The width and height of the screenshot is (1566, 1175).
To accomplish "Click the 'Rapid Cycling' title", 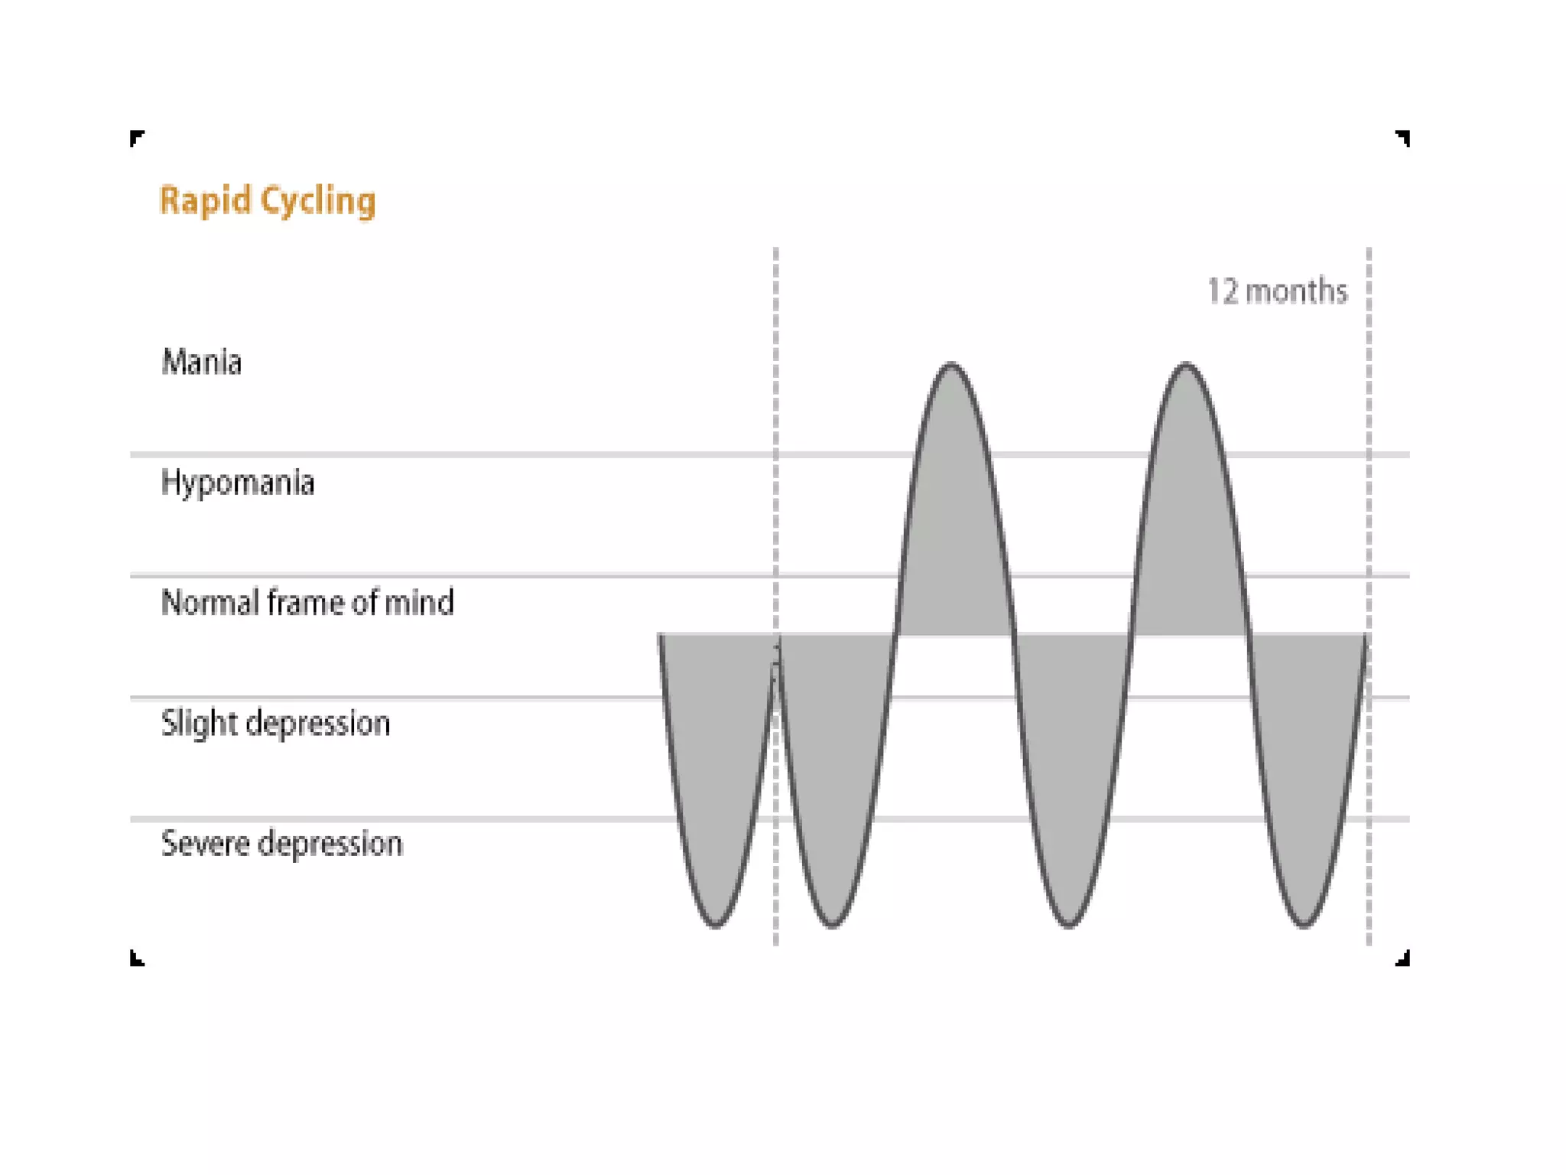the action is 268,201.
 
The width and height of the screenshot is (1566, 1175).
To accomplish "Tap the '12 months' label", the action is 1277,291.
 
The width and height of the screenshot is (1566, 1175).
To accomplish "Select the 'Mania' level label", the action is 201,362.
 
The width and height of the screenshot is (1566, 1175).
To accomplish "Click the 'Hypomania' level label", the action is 238,483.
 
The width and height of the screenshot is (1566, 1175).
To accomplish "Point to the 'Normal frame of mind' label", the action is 307,603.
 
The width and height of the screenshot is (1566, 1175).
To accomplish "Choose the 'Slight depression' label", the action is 275,724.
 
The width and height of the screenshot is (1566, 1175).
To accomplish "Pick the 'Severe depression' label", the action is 281,844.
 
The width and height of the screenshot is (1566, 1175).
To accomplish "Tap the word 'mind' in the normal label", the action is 419,603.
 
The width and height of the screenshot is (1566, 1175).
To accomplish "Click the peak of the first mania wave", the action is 951,365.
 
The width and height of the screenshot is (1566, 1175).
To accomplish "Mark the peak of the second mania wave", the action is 1186,365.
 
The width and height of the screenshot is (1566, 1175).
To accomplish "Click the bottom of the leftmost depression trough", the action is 716,926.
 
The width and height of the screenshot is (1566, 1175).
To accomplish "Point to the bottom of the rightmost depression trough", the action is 1304,926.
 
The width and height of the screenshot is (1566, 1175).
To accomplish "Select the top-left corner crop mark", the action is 136,138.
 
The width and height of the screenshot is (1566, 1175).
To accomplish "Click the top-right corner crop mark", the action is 1403,138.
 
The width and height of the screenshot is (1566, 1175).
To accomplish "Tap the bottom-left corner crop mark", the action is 136,959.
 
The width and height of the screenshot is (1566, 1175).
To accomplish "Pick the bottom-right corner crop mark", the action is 1403,959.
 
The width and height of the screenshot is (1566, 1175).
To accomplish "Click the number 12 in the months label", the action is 1222,291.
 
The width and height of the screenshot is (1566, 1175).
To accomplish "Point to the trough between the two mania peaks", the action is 1069,926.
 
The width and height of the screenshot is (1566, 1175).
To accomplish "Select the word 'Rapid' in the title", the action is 205,201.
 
